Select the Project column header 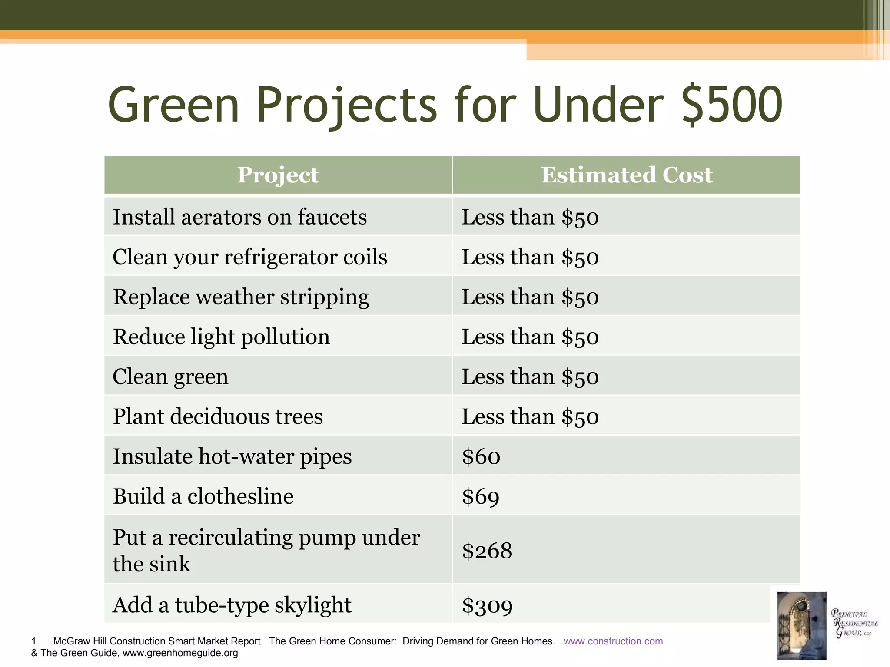click(x=278, y=175)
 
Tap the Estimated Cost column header click(x=626, y=175)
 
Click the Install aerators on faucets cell click(x=240, y=217)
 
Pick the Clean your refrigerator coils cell click(x=250, y=257)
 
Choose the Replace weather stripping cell click(x=241, y=297)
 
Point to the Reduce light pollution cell click(x=221, y=337)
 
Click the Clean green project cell click(x=170, y=376)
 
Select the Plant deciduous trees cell click(x=218, y=416)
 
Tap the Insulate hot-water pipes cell click(x=232, y=456)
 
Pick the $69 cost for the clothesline click(x=481, y=496)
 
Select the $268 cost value click(x=487, y=551)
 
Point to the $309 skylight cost click(x=487, y=605)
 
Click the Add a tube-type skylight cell click(x=232, y=605)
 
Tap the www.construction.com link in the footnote click(x=613, y=641)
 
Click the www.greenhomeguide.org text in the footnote click(x=180, y=653)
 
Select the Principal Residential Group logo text click(x=853, y=624)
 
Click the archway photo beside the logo click(x=801, y=625)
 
